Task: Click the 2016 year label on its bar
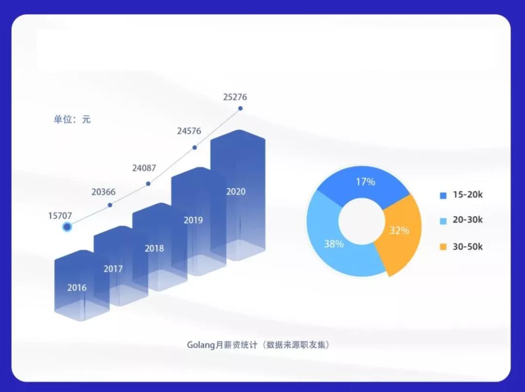(77, 287)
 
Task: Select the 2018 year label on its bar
(155, 248)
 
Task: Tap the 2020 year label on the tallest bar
(236, 191)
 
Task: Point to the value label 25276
(235, 97)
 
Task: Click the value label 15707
(60, 216)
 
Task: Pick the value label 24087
(144, 168)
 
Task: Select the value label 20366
(104, 192)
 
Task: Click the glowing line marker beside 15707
(67, 227)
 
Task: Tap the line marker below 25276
(241, 108)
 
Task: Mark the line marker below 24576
(194, 148)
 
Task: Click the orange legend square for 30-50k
(443, 247)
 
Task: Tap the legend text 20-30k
(468, 220)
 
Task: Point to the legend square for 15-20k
(443, 195)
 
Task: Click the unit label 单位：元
(72, 119)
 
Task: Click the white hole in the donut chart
(362, 221)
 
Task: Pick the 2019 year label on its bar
(193, 220)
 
